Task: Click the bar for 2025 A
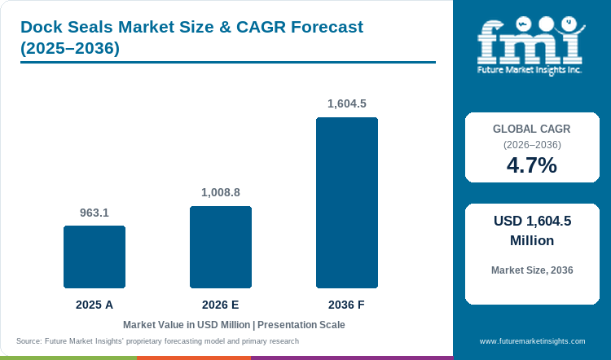tap(95, 257)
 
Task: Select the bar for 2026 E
tap(221, 247)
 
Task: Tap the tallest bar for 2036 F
tap(347, 203)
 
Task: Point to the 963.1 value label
tap(95, 213)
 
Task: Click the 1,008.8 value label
tap(221, 192)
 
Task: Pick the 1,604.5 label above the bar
tap(347, 103)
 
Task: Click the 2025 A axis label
tap(95, 305)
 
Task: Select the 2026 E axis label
tap(221, 305)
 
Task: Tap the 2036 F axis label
tap(346, 305)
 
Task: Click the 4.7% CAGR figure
tap(532, 165)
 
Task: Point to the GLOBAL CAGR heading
tap(531, 129)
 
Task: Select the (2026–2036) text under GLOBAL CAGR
tap(532, 145)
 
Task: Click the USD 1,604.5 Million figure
tap(532, 230)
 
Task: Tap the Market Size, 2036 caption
tap(532, 270)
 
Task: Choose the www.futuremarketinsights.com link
tap(532, 341)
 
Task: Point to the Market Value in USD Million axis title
tap(187, 325)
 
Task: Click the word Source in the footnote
tap(29, 341)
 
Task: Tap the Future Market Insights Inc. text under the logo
tap(530, 70)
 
